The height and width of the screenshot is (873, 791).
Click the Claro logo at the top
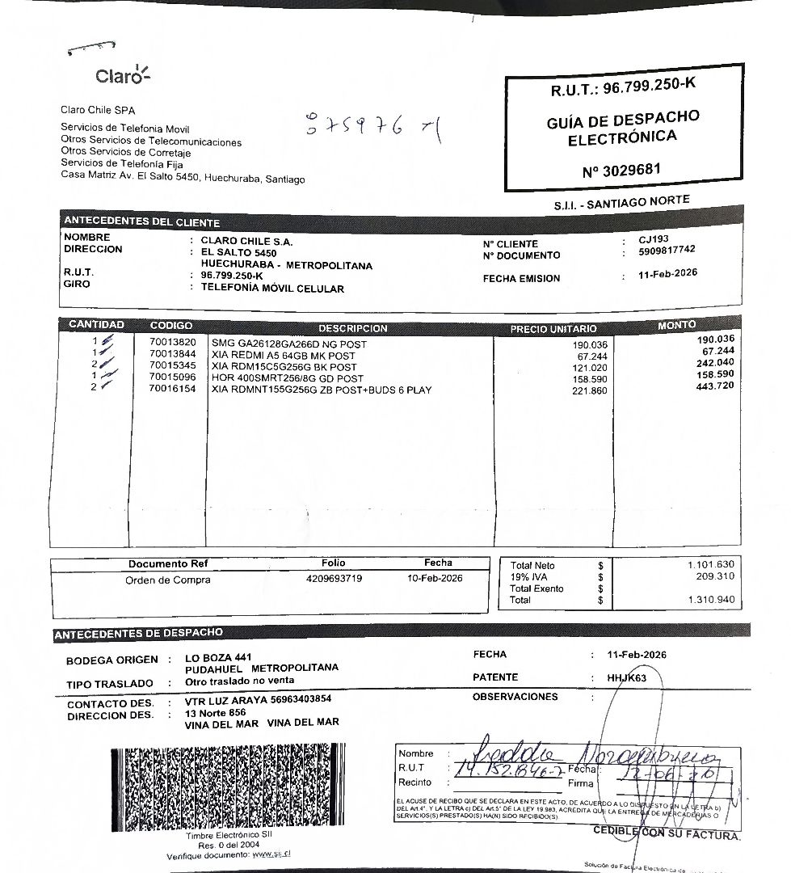point(122,75)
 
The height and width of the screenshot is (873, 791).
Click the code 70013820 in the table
point(172,343)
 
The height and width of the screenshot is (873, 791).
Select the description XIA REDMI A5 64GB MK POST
point(283,356)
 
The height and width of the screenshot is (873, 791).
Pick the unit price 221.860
point(590,391)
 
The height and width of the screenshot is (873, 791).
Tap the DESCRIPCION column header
point(352,329)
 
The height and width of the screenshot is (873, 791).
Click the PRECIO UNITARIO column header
point(553,329)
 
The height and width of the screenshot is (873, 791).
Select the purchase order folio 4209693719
point(334,579)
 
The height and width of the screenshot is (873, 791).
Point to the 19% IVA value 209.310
point(714,576)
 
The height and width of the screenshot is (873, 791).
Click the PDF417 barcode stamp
point(227,787)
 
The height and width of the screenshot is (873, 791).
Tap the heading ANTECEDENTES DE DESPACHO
point(138,634)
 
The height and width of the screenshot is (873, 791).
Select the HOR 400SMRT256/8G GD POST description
point(287,378)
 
